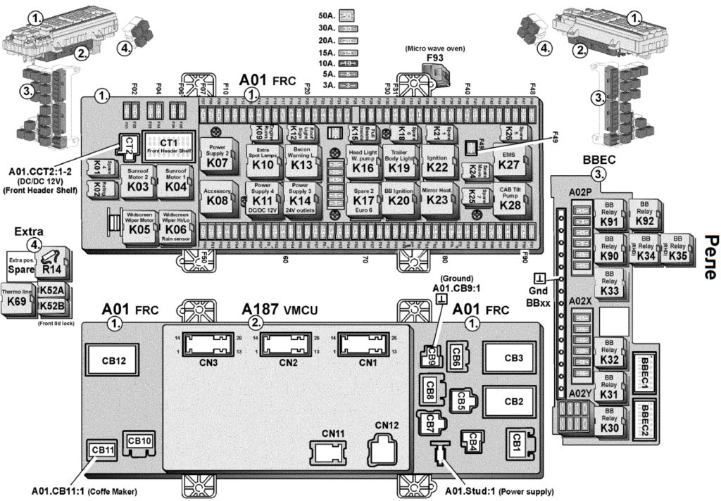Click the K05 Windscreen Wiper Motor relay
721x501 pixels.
139,224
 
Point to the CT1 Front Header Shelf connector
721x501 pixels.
168,146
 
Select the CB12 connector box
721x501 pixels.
113,361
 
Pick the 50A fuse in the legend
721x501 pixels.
347,13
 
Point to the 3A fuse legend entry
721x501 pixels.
347,84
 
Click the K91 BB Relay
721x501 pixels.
610,217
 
